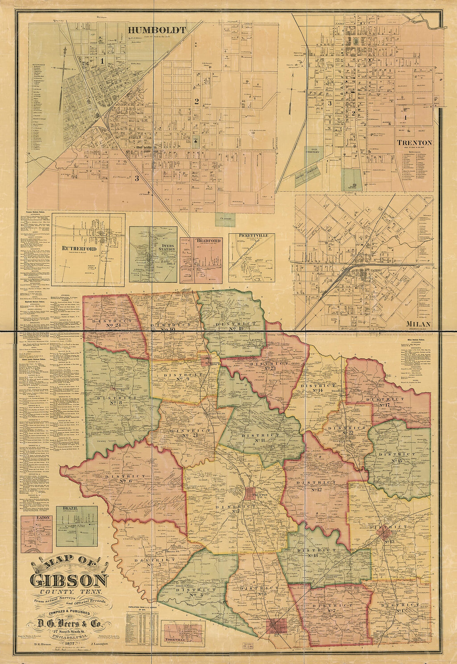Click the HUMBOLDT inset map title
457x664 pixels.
(157, 30)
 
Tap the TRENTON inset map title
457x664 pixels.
(414, 143)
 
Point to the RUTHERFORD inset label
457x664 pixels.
(79, 249)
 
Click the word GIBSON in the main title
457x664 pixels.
(69, 580)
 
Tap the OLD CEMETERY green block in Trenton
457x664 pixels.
(314, 152)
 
